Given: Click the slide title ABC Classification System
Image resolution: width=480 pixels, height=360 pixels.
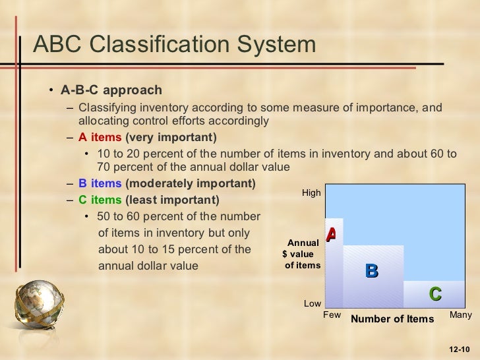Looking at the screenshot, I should (x=174, y=45).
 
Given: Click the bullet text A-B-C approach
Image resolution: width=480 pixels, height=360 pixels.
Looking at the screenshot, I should (x=111, y=90).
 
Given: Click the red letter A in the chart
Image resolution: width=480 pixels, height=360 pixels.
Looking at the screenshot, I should (x=331, y=234).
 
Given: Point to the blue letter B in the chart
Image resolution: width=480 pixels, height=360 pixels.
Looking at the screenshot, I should (x=371, y=270).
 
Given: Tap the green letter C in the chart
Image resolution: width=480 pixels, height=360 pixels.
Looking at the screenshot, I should (x=435, y=293).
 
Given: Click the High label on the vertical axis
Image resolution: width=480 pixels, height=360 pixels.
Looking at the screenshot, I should (x=311, y=193).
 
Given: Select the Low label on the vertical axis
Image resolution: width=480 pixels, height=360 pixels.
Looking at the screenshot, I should (x=312, y=304).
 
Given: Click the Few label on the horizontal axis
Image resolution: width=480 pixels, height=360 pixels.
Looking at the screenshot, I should (x=332, y=315).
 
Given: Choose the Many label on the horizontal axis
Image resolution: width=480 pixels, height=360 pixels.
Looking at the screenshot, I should (x=460, y=315).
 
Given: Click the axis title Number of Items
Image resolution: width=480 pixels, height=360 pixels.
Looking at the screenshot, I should (x=392, y=320).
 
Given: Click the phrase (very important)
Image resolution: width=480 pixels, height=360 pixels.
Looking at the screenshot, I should (x=170, y=138).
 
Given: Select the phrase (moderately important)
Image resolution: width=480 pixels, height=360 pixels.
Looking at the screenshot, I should (x=191, y=183).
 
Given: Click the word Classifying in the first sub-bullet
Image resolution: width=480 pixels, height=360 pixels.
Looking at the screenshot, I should (x=104, y=108).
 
